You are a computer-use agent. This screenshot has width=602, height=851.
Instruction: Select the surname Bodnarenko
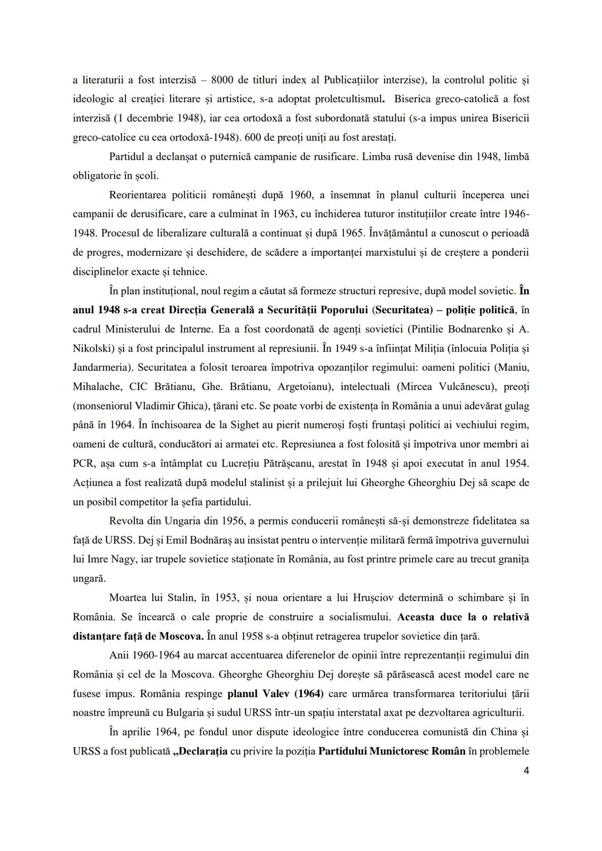click(475, 329)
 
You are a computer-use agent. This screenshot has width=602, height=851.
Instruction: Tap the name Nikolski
click(92, 348)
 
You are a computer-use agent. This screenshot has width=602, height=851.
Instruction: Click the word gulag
click(516, 406)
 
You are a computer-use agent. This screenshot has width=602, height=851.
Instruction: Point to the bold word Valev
click(277, 694)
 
